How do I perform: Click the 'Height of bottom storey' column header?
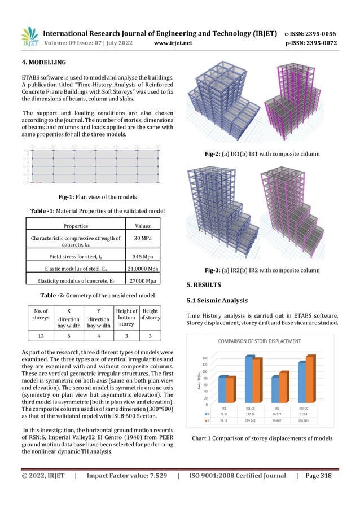click(127, 316)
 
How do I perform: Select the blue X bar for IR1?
click(222, 389)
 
